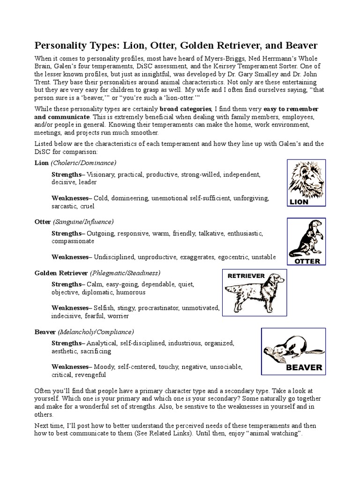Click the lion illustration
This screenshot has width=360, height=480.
306,178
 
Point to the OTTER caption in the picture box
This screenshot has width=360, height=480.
307,261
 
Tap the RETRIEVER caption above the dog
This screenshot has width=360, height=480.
246,276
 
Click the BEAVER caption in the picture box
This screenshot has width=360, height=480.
304,367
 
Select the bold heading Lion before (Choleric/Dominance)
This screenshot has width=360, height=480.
41,163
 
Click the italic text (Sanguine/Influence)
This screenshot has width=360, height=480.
83,221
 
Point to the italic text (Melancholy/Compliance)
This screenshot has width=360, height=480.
96,331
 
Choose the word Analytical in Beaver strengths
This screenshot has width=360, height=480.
103,343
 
